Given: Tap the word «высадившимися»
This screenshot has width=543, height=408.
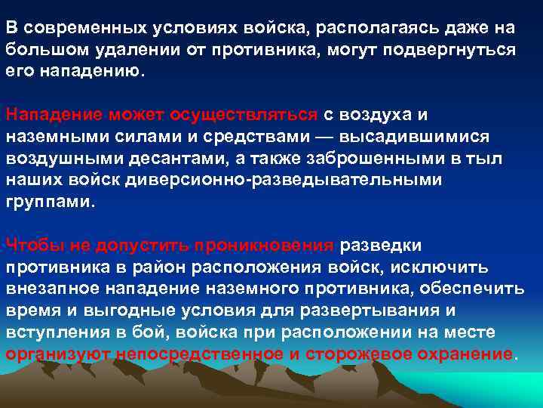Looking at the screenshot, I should [419, 137].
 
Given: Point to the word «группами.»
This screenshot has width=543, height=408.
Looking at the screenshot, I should [51, 202].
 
